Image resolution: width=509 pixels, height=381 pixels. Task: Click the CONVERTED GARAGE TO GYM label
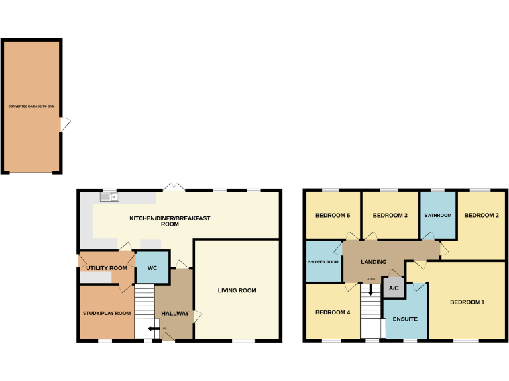click(x=32, y=106)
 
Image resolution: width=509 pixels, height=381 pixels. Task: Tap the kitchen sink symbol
click(x=109, y=196)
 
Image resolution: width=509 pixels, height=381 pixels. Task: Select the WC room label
click(x=152, y=268)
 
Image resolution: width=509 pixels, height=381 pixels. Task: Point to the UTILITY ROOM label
click(x=106, y=268)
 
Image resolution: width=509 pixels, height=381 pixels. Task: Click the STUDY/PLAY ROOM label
click(x=107, y=313)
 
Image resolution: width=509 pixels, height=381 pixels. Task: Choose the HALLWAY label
click(x=176, y=314)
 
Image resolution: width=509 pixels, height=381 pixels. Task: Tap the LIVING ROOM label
click(x=237, y=290)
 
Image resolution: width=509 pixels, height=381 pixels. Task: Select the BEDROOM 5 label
click(x=332, y=216)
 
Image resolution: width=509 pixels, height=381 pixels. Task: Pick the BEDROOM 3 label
click(x=390, y=216)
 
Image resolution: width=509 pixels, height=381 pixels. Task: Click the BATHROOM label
click(x=438, y=216)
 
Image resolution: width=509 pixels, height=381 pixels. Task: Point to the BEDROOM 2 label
click(x=481, y=216)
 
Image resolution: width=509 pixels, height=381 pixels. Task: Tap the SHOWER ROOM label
click(x=323, y=262)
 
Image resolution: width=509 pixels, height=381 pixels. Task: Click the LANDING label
click(x=373, y=262)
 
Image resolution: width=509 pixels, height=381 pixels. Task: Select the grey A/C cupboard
click(x=394, y=288)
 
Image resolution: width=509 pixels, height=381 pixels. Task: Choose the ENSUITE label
click(x=405, y=319)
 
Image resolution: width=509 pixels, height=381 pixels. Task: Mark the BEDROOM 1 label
click(x=467, y=302)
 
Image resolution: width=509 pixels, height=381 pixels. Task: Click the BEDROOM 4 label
click(x=332, y=312)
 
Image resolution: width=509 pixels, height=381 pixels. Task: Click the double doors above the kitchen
click(x=174, y=187)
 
